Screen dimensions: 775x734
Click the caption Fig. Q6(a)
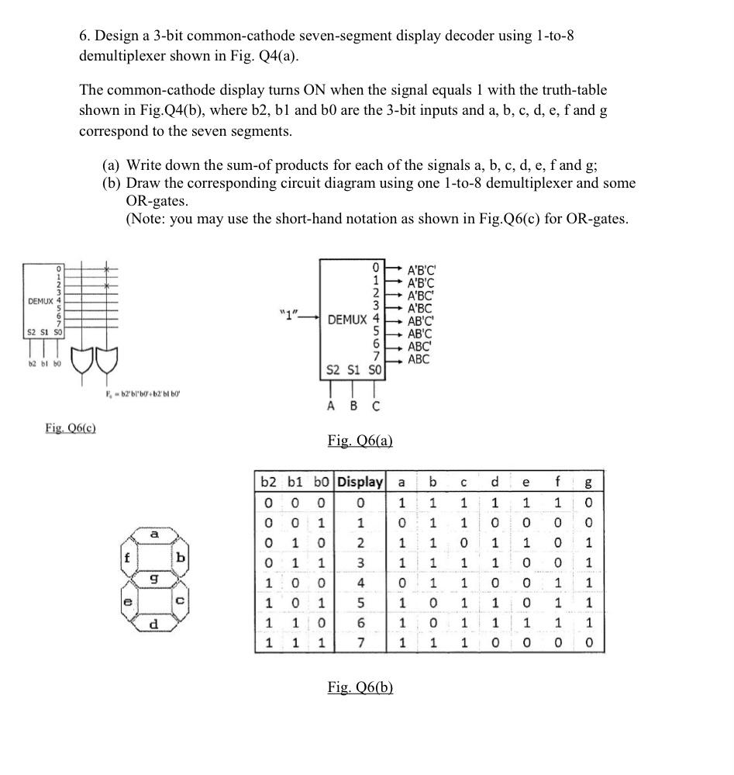tap(360, 441)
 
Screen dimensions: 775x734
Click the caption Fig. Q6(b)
tap(360, 687)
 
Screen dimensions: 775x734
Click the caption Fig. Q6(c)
tap(71, 427)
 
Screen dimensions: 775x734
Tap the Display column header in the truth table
tap(360, 482)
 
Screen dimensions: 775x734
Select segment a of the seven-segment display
tap(154, 535)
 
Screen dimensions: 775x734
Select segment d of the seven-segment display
tap(154, 624)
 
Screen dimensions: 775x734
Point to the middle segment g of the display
tap(153, 580)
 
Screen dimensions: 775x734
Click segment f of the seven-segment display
tap(127, 557)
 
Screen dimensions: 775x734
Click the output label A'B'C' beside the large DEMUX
tap(422, 270)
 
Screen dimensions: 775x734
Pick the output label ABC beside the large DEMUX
tap(418, 359)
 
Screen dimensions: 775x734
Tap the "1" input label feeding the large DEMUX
tap(289, 314)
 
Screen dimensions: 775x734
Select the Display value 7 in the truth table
tap(360, 643)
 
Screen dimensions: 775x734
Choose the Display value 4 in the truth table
tap(360, 582)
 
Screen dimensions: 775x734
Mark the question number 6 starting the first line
tap(84, 36)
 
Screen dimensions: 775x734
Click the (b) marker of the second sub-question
tap(112, 183)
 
